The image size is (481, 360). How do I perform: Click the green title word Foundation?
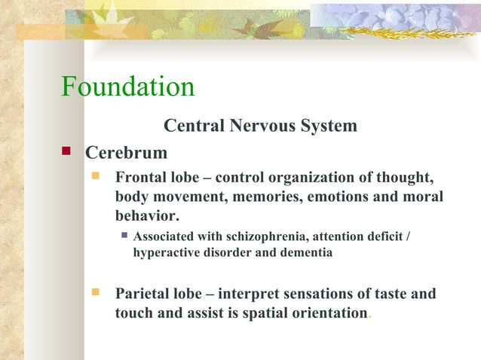(x=127, y=87)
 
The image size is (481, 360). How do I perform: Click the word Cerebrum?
(x=126, y=153)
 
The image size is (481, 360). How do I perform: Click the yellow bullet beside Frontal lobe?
(x=95, y=178)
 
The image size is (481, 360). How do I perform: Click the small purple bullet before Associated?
(x=125, y=236)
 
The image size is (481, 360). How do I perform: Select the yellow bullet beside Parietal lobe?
(x=95, y=291)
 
